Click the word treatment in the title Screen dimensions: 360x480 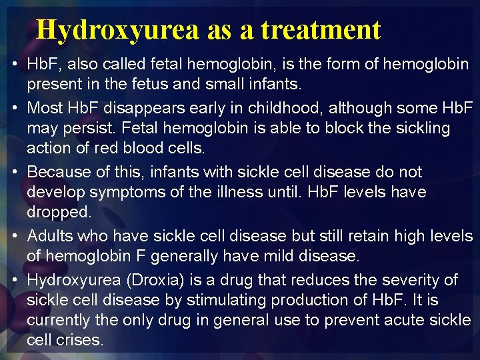click(321, 29)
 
